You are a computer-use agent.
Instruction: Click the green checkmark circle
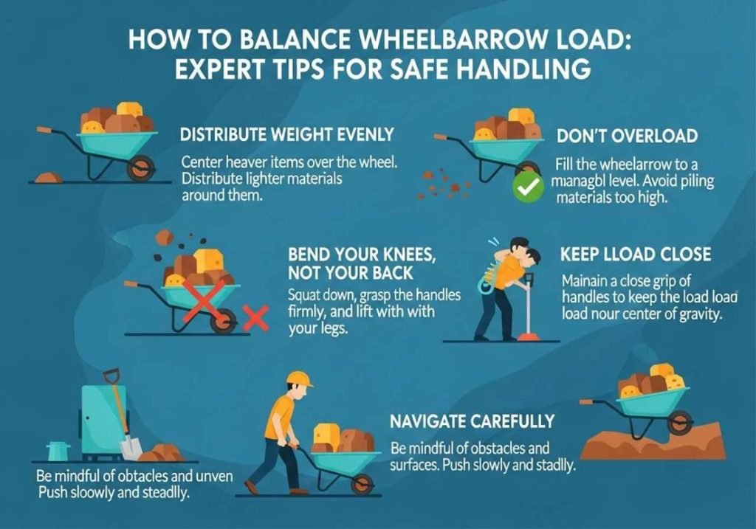(527, 189)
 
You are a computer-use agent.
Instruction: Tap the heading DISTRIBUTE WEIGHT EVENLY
(287, 135)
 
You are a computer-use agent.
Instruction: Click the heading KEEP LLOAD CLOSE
(636, 255)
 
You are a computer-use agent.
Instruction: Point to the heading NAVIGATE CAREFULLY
(472, 421)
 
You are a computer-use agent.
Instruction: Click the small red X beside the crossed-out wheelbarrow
(255, 319)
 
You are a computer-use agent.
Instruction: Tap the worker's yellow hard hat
(299, 379)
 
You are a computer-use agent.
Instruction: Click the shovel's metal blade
(131, 446)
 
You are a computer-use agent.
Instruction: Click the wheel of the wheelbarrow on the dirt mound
(683, 423)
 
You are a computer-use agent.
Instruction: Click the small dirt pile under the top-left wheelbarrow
(49, 177)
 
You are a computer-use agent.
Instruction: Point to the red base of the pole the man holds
(526, 337)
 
